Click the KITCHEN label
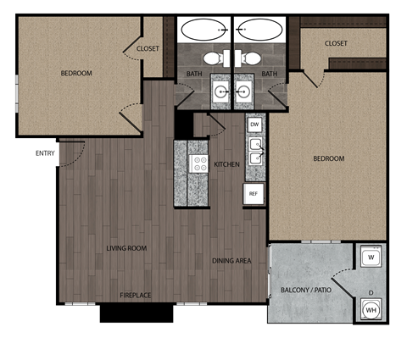click(x=226, y=163)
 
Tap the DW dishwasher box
click(x=254, y=125)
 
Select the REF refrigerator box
click(x=253, y=194)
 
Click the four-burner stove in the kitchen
click(x=200, y=163)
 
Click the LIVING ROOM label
click(x=126, y=248)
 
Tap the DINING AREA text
click(x=231, y=261)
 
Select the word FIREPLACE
click(x=135, y=295)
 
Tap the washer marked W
click(x=371, y=257)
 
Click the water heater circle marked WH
click(x=371, y=310)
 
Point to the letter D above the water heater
click(x=371, y=293)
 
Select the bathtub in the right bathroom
click(x=259, y=30)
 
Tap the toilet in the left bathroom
click(x=212, y=58)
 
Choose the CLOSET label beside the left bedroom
click(x=148, y=49)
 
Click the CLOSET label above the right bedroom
click(x=336, y=43)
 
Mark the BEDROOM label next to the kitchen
click(x=329, y=158)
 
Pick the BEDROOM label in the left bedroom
click(x=75, y=74)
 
